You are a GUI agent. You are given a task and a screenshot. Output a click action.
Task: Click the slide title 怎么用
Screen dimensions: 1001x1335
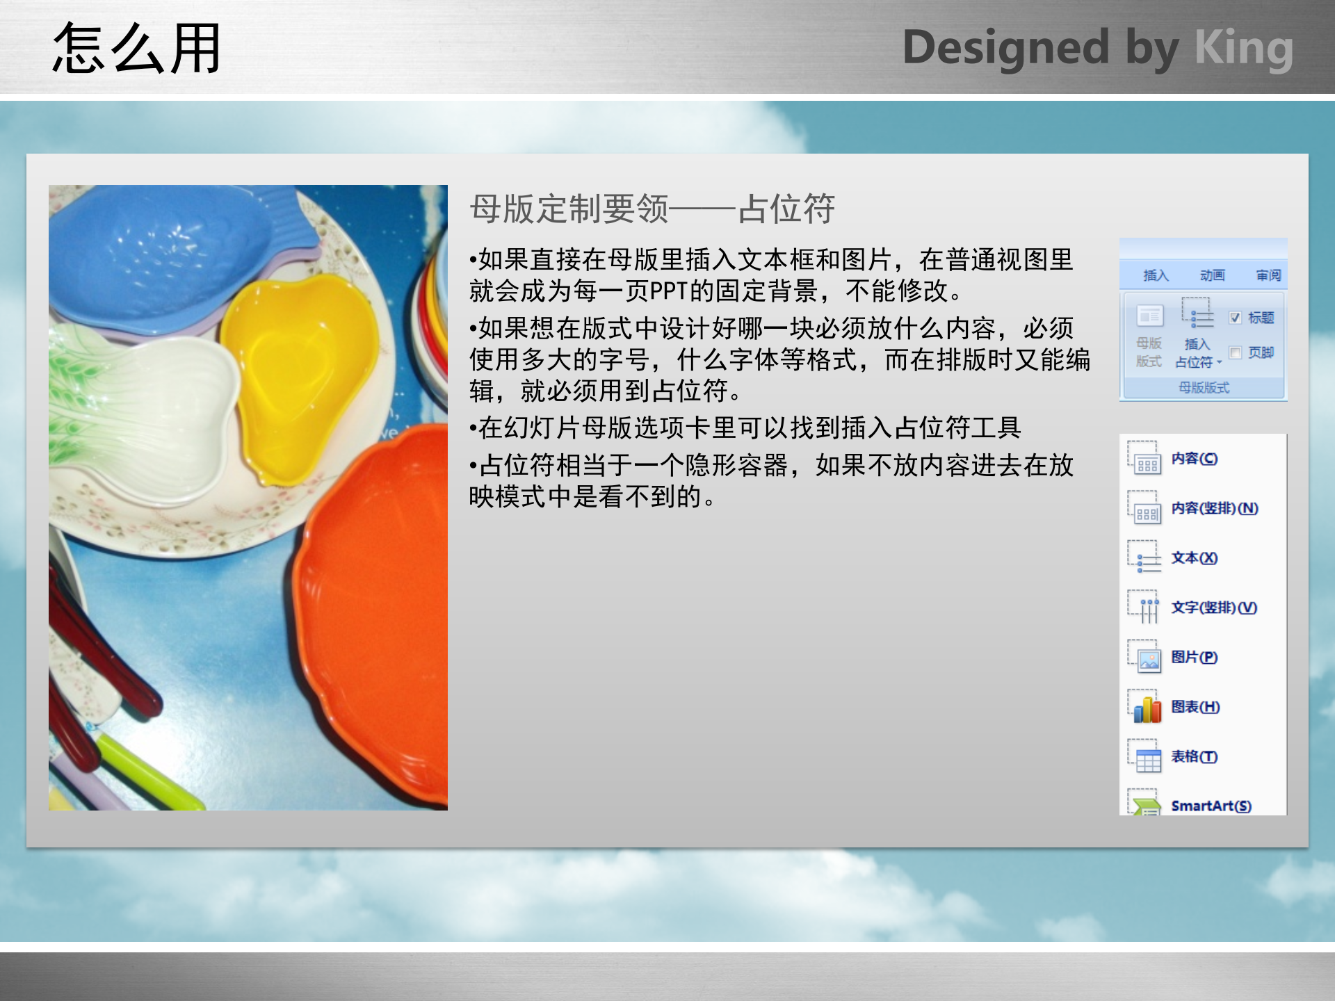coord(136,49)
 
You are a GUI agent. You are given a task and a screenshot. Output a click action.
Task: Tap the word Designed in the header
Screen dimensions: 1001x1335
coord(1005,49)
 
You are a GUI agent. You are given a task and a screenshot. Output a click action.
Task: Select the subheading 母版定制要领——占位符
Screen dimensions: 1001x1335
coord(652,209)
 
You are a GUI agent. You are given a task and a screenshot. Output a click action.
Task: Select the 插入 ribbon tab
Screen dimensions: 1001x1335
coord(1156,276)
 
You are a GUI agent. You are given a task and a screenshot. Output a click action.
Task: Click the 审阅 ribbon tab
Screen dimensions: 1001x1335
coord(1268,276)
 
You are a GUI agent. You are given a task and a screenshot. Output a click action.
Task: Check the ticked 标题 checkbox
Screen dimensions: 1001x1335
coord(1235,318)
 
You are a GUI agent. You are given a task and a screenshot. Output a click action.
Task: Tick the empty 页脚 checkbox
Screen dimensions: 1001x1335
coord(1235,353)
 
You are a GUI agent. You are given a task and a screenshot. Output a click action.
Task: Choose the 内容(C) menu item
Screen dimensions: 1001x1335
coord(1194,459)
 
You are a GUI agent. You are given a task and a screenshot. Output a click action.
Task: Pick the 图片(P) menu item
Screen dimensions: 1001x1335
coord(1194,658)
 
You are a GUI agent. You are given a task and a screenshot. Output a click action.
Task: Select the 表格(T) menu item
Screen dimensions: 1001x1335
coord(1194,757)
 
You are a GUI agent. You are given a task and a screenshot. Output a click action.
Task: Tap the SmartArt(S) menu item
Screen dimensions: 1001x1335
coord(1211,806)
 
